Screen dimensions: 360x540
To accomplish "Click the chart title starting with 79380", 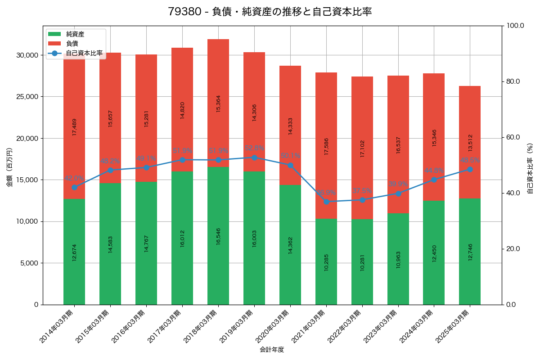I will (270, 12).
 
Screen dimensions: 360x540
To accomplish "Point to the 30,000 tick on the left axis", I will (27, 55).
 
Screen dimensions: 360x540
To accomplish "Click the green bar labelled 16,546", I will (218, 236).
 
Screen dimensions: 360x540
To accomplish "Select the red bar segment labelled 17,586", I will (326, 145).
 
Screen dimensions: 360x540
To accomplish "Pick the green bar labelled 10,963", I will (398, 259).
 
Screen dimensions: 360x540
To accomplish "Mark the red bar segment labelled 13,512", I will (470, 142).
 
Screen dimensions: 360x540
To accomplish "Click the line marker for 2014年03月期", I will (74, 187).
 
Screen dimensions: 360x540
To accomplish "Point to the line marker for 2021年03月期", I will (326, 202).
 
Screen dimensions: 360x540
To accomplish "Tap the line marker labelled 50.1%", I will (290, 165).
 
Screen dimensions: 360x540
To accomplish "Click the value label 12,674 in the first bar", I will (74, 252).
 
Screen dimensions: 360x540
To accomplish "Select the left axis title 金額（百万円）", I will (9, 167).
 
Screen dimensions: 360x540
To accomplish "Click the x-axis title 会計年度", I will (272, 350).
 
